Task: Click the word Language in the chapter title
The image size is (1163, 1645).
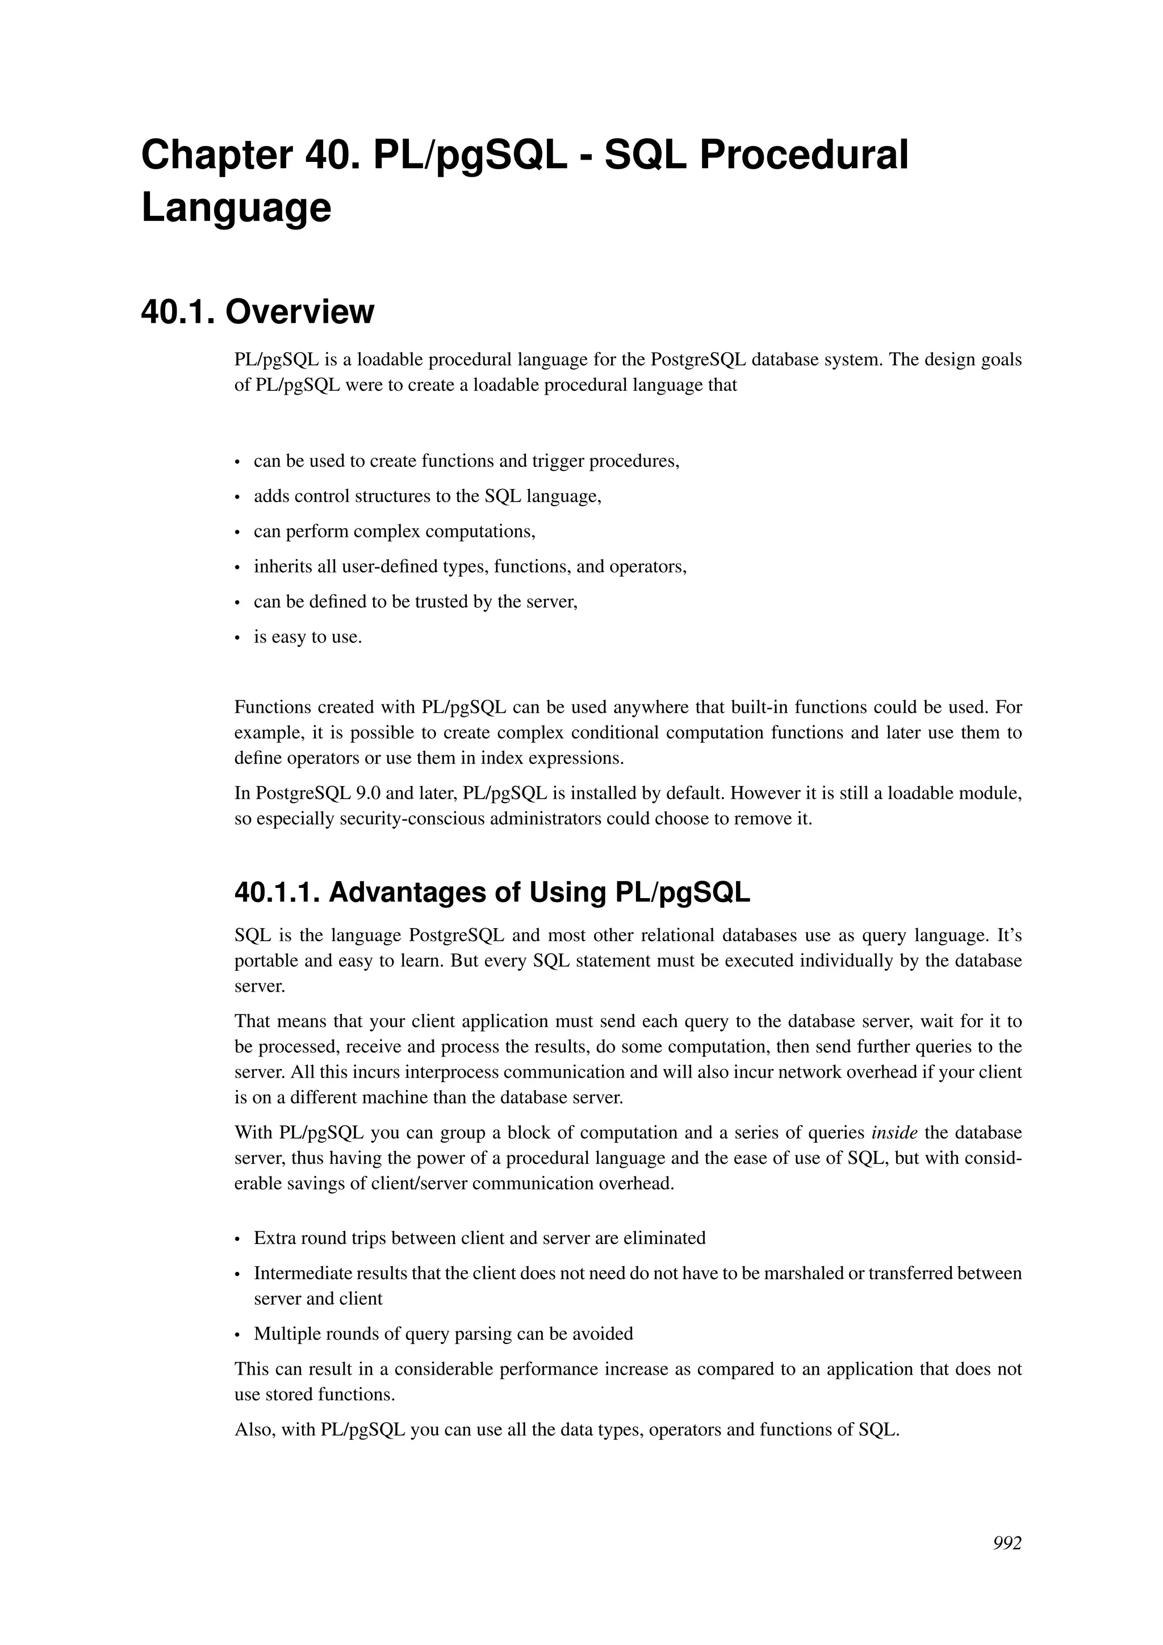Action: [236, 208]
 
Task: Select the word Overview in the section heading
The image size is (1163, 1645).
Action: [299, 312]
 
